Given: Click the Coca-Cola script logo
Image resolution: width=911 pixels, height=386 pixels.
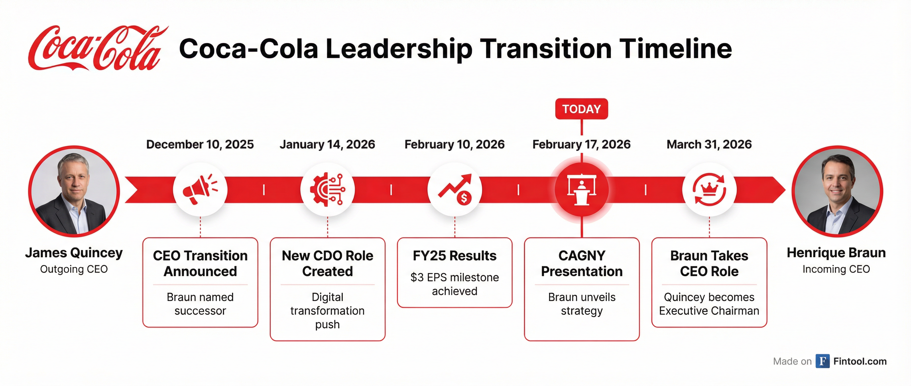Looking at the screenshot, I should pyautogui.click(x=95, y=49).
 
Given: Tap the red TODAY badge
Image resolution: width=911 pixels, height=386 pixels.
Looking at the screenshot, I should pyautogui.click(x=581, y=109).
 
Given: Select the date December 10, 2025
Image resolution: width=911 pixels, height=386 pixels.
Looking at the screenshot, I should pyautogui.click(x=200, y=144).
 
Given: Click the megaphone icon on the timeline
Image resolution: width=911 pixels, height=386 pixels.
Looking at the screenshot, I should pyautogui.click(x=200, y=190).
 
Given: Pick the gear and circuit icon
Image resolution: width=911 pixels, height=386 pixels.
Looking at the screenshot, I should pyautogui.click(x=328, y=190).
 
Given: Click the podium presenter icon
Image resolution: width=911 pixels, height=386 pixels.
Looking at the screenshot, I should pyautogui.click(x=582, y=190).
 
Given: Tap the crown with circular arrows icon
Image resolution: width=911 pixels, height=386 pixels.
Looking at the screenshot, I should pyautogui.click(x=709, y=190).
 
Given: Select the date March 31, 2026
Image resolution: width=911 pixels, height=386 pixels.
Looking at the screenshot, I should pyautogui.click(x=709, y=144).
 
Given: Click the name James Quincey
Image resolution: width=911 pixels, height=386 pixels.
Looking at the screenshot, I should pyautogui.click(x=74, y=253).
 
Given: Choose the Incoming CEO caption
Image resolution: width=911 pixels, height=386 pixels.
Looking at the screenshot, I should pyautogui.click(x=836, y=269).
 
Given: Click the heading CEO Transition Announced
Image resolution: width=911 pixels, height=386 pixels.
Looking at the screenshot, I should pyautogui.click(x=200, y=263).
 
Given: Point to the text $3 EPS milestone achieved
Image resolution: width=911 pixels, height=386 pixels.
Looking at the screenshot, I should pyautogui.click(x=454, y=284).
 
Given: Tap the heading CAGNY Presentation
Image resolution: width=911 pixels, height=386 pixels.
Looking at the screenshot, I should pyautogui.click(x=582, y=263).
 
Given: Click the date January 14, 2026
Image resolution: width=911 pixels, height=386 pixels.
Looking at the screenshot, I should pyautogui.click(x=327, y=144).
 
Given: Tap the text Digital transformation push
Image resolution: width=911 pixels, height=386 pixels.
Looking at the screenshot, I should pyautogui.click(x=328, y=311).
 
